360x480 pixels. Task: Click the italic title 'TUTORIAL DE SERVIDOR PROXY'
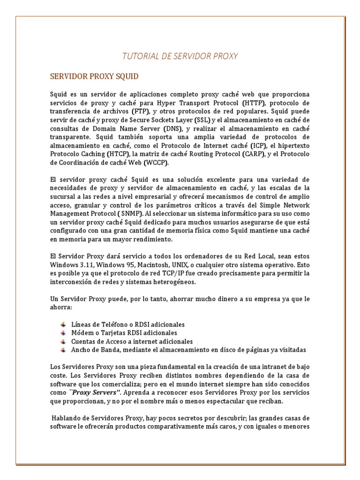click(180, 56)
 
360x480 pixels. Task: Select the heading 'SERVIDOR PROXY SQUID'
click(94, 76)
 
